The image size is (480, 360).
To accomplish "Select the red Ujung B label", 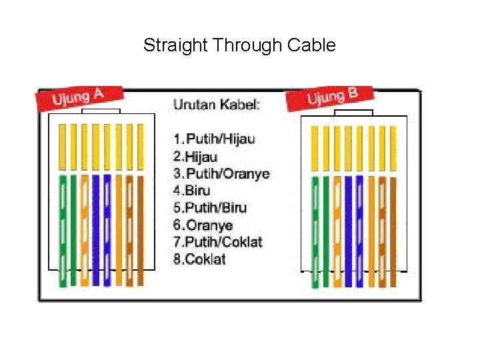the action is pyautogui.click(x=331, y=97).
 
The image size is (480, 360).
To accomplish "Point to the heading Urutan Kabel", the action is pyautogui.click(x=217, y=105).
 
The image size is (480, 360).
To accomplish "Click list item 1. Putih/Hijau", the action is pyautogui.click(x=214, y=139).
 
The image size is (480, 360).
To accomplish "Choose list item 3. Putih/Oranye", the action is pyautogui.click(x=221, y=174).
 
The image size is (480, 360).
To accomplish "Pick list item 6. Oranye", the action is pyautogui.click(x=203, y=225).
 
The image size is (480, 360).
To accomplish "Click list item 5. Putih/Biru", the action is pyautogui.click(x=210, y=208).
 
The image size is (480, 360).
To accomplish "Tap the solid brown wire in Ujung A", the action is pyautogui.click(x=141, y=227).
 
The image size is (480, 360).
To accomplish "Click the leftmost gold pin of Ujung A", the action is pyautogui.click(x=62, y=146).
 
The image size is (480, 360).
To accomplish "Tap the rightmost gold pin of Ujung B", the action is pyautogui.click(x=393, y=147).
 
